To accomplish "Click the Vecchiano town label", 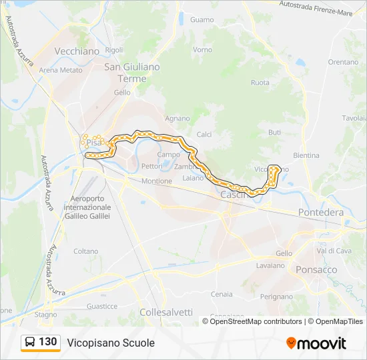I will [77, 51].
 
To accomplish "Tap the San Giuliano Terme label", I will [132, 73].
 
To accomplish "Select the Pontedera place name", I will [321, 213].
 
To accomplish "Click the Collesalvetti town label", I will [166, 313].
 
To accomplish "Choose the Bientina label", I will [306, 155].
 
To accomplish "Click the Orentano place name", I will [343, 62].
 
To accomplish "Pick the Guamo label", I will [202, 20].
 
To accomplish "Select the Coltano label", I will [86, 251].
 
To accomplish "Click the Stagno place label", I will [46, 314].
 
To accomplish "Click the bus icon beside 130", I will [30, 343].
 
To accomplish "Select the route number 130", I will [48, 342].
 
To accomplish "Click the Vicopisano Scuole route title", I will [111, 343].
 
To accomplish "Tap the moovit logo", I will [316, 343].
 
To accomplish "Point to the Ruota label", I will [260, 83].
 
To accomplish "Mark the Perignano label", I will [276, 297].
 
